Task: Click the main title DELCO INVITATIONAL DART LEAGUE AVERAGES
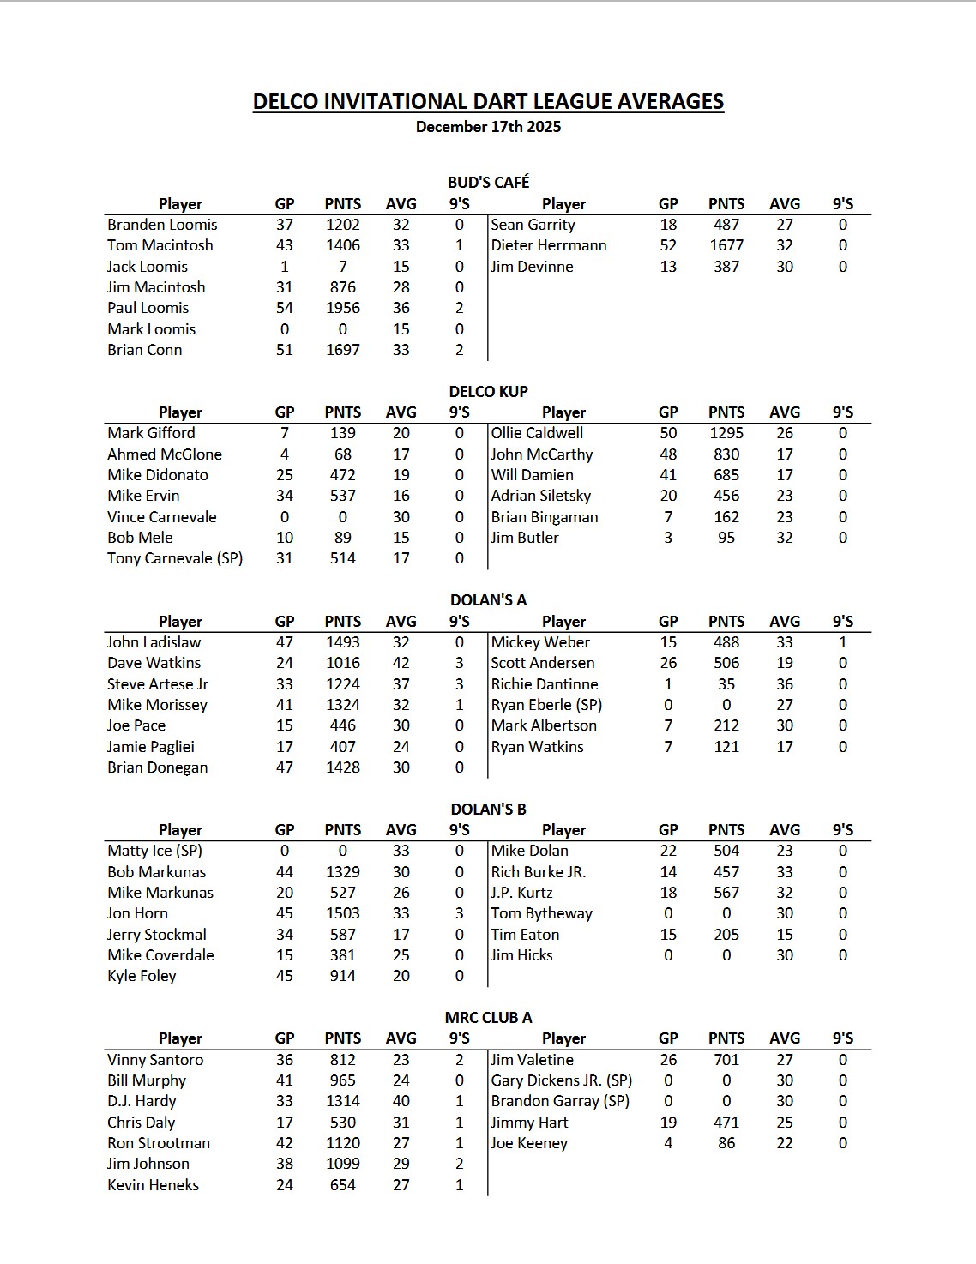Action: pos(488,101)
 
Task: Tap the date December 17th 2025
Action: pos(488,127)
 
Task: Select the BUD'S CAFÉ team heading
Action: pos(488,182)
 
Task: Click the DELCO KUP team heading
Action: pos(488,391)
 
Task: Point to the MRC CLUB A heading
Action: pos(488,1018)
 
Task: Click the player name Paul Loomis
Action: pos(148,308)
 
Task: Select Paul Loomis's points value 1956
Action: pos(342,308)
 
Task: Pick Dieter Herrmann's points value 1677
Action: pos(726,245)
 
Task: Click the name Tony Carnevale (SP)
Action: pos(175,558)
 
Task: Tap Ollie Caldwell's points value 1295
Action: pos(726,433)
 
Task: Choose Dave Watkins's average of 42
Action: pos(401,663)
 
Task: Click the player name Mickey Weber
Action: pos(540,642)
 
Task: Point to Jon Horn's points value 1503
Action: pos(342,913)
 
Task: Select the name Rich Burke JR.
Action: pos(538,872)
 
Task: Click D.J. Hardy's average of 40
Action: pos(401,1101)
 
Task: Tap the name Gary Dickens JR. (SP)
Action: pos(561,1080)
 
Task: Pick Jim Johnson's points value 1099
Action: pos(342,1164)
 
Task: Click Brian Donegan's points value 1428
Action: pos(342,767)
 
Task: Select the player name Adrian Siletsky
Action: pos(540,496)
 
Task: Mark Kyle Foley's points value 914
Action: pos(342,976)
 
